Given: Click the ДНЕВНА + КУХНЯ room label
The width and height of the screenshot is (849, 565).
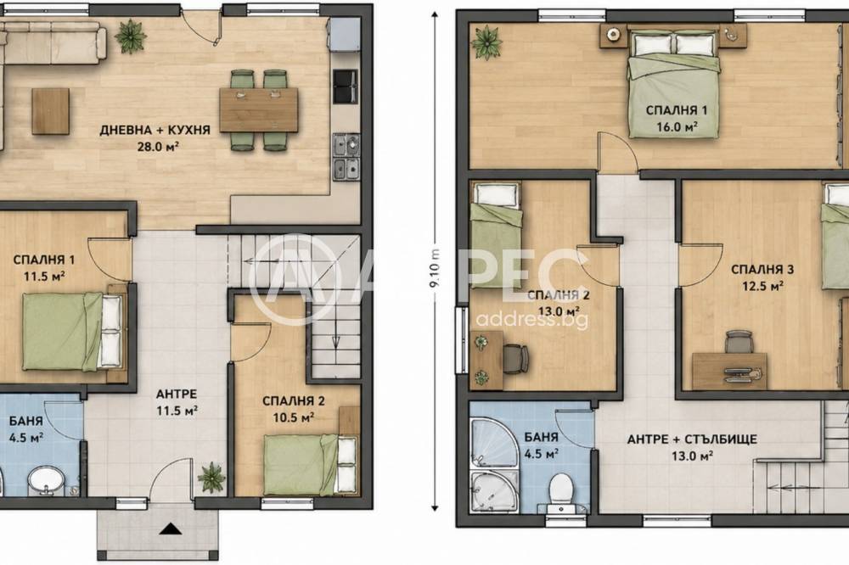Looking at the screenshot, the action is click(155, 131).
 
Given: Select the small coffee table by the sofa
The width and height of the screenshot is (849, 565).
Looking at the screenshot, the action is click(50, 111).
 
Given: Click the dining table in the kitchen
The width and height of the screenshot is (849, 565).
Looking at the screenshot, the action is click(259, 110).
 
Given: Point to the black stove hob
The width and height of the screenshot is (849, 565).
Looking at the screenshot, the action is click(346, 87).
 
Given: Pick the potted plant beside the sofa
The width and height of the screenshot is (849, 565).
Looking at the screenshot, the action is click(131, 36).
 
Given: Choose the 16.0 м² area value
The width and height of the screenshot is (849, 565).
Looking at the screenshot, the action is click(677, 127).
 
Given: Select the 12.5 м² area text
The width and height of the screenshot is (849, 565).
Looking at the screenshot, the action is click(762, 286).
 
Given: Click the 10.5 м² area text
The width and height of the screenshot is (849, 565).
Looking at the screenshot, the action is click(294, 417).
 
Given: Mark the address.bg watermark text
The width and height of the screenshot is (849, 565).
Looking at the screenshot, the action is click(531, 320).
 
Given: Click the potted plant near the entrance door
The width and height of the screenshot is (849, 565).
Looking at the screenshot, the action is click(211, 477).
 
